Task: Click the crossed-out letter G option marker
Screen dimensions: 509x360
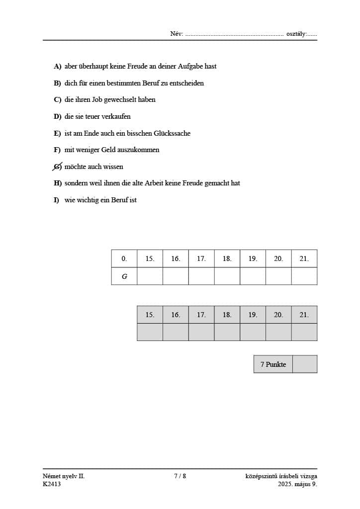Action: [x=58, y=167]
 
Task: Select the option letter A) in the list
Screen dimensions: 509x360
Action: [x=58, y=66]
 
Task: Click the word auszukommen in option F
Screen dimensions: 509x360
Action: [x=138, y=150]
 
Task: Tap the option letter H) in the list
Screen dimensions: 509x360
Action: [x=58, y=183]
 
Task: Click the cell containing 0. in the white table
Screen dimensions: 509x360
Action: [x=124, y=258]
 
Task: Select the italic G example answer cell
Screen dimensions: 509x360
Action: [x=124, y=276]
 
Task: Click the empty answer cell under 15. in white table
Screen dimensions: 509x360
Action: [x=150, y=276]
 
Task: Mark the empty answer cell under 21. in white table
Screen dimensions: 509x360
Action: [x=304, y=276]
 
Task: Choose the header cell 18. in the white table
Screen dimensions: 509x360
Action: [x=227, y=258]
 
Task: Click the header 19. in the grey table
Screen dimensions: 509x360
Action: [x=253, y=315]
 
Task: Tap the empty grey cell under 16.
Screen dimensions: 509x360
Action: [x=176, y=332]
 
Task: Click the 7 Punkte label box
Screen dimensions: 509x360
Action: [x=273, y=364]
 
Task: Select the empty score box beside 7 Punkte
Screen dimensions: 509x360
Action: [x=305, y=364]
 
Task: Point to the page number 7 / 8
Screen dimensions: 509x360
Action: [x=180, y=476]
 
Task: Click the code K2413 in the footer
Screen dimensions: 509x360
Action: [x=52, y=484]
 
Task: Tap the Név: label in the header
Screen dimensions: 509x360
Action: [x=177, y=34]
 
